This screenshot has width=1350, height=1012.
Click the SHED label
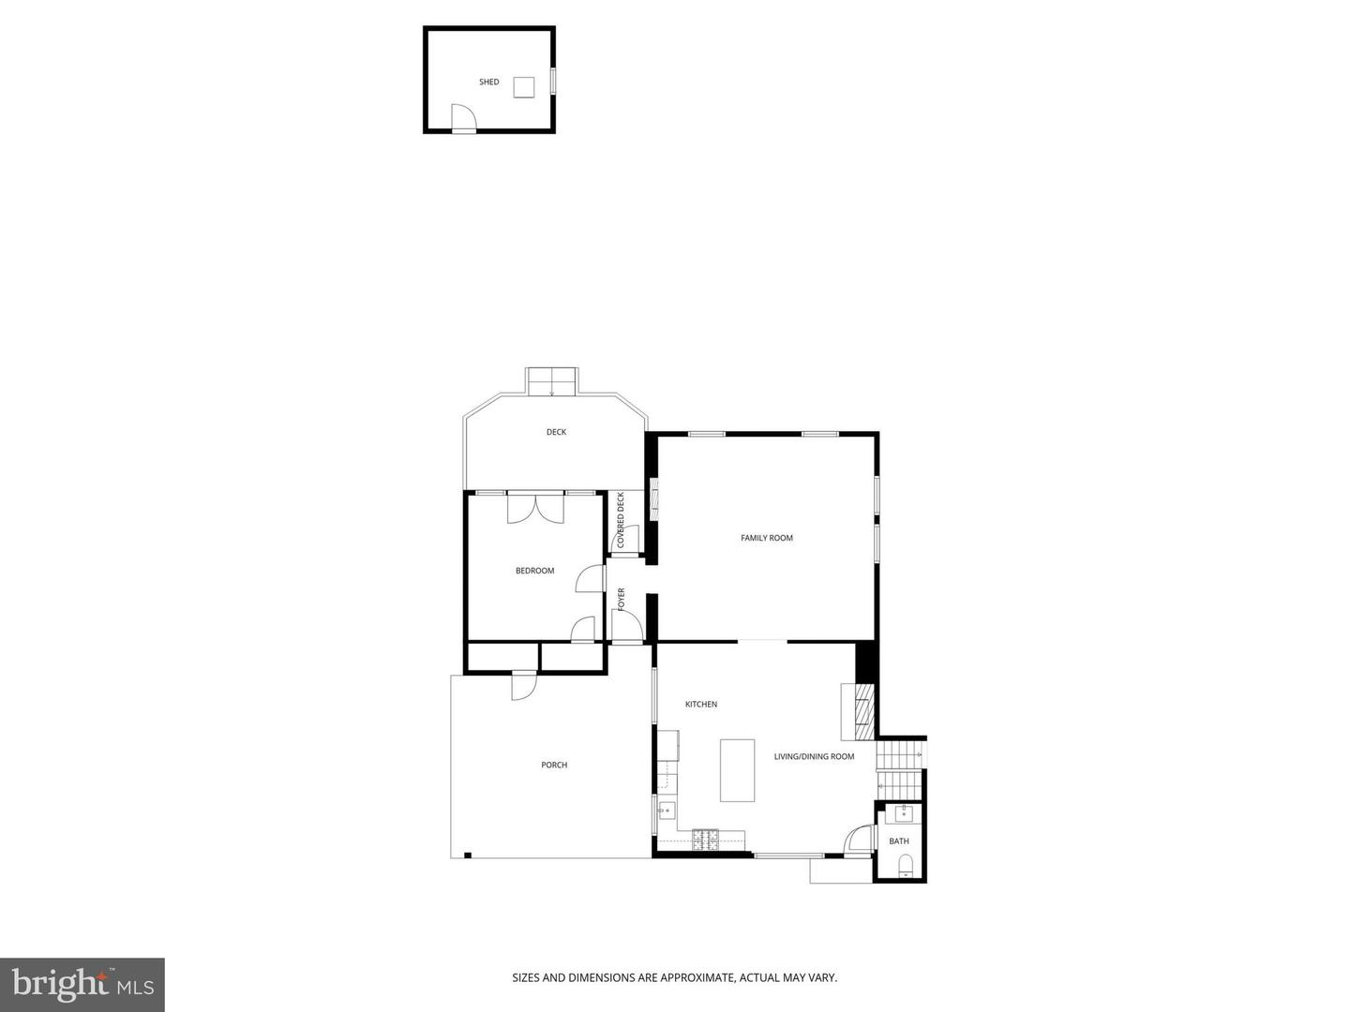click(x=489, y=82)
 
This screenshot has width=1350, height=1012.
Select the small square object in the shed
click(x=524, y=86)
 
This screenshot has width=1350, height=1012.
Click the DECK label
click(x=557, y=432)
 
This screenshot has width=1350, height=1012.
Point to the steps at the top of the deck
click(x=551, y=382)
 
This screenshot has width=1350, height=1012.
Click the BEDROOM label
click(x=534, y=571)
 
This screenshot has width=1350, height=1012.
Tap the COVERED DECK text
click(x=621, y=520)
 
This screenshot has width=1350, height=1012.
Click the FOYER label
click(x=621, y=599)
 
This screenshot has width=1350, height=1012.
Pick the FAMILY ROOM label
click(x=767, y=538)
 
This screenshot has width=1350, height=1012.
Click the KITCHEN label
click(x=701, y=704)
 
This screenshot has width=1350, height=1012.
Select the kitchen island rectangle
click(x=737, y=770)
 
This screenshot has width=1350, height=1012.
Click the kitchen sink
click(x=667, y=811)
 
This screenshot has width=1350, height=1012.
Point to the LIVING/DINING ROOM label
click(x=814, y=756)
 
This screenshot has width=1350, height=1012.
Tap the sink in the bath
click(x=904, y=814)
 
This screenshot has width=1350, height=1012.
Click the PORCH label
click(x=554, y=765)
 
